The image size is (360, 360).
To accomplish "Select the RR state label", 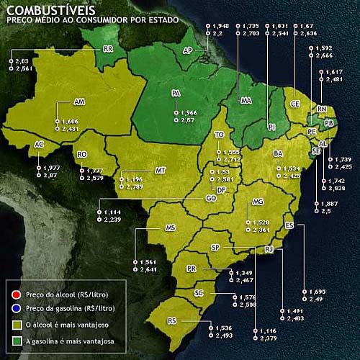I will click(109, 50).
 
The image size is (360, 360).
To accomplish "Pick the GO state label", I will click(210, 197).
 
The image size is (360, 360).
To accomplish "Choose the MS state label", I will click(170, 228).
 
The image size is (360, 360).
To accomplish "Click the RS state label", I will click(192, 320).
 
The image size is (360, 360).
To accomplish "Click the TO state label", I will click(220, 135).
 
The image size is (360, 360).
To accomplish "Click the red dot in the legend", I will click(15, 294).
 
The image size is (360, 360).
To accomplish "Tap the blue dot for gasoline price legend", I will click(15, 307).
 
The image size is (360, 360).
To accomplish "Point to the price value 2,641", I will click(148, 269).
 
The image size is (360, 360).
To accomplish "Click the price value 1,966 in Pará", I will click(189, 113).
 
